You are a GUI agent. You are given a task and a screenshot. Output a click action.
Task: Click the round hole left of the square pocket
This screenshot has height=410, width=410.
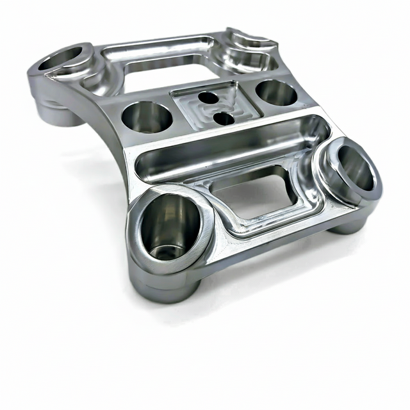pyautogui.click(x=147, y=117)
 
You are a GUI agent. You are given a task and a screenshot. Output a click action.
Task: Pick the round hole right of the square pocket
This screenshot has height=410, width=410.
pyautogui.click(x=277, y=93)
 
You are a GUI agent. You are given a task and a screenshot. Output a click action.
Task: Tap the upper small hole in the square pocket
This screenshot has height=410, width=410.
pyautogui.click(x=208, y=98)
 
